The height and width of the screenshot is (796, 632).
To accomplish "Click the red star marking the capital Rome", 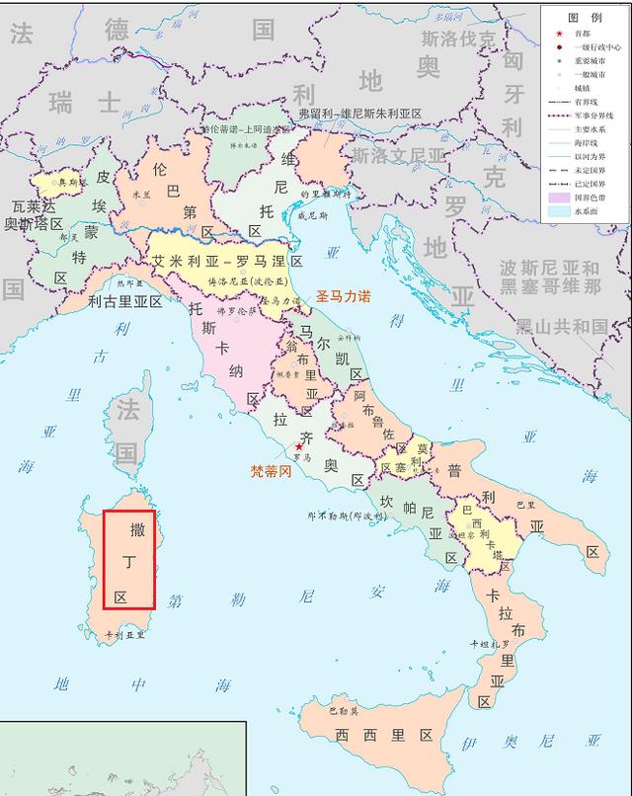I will (x=299, y=446).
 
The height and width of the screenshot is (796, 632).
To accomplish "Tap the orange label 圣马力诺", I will (x=343, y=295).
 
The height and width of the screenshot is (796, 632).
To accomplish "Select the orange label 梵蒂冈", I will (x=272, y=471).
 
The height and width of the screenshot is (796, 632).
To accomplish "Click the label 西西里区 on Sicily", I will (x=384, y=735).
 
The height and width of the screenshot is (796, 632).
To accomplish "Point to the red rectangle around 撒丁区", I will (x=129, y=559).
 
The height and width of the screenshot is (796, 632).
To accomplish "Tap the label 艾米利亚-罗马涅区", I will (x=227, y=261).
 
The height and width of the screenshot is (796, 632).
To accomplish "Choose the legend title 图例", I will (x=584, y=17).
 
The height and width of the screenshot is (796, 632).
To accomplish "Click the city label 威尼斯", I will (x=315, y=215).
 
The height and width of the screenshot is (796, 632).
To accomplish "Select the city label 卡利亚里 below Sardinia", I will (x=124, y=635).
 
